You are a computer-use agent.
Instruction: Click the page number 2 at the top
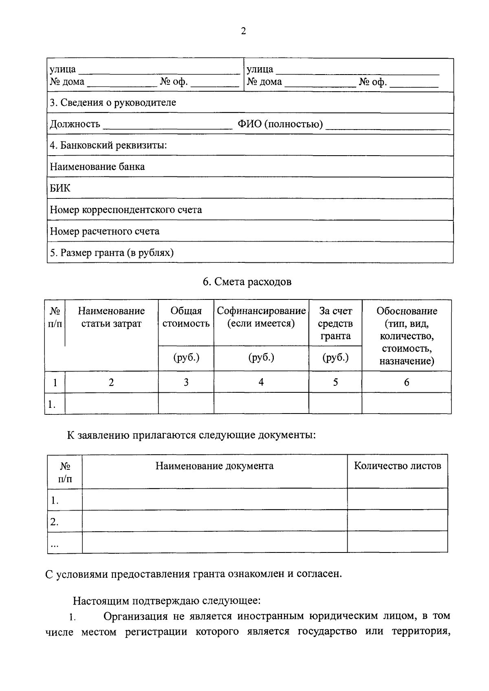click(x=243, y=31)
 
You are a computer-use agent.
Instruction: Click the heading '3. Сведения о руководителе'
click(x=113, y=103)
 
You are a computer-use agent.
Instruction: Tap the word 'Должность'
click(x=75, y=124)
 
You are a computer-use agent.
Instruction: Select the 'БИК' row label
click(x=60, y=188)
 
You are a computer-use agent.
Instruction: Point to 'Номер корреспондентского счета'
click(x=126, y=210)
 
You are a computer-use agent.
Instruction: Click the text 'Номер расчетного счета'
click(x=104, y=231)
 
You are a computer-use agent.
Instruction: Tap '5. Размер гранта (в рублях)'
click(x=112, y=253)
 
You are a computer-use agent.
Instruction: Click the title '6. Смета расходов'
click(x=247, y=282)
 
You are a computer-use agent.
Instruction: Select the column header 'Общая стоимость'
click(x=186, y=317)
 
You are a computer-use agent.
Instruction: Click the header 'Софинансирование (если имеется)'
click(x=261, y=317)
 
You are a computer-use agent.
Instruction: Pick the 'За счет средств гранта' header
click(x=335, y=323)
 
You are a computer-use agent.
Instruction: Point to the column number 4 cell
click(x=261, y=382)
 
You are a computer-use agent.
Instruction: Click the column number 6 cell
click(x=406, y=382)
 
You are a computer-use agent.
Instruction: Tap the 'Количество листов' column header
click(x=397, y=466)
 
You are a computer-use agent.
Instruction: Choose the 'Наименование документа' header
click(x=214, y=466)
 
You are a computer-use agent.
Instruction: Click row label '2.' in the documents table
click(x=55, y=522)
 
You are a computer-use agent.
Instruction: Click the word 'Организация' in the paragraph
click(x=135, y=616)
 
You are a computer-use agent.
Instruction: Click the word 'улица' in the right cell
click(x=260, y=69)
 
